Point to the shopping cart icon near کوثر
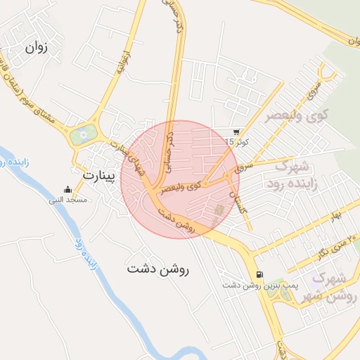(236, 131)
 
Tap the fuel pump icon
(260, 274)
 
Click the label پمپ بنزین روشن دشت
(251, 285)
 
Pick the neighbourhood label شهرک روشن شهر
(329, 287)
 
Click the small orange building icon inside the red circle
(218, 210)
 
